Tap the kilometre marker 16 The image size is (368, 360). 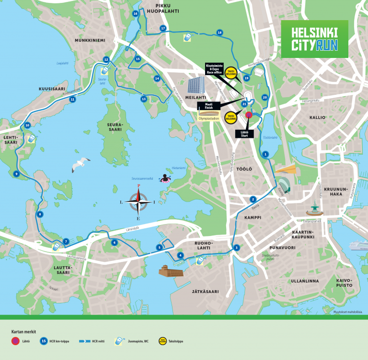(x=136, y=13)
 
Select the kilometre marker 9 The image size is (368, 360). (x=16, y=174)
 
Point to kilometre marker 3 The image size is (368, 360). (x=236, y=247)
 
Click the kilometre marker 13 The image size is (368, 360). (x=143, y=99)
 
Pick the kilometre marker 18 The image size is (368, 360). (x=219, y=33)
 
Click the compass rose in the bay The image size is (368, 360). (x=138, y=202)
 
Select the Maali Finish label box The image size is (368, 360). (x=208, y=107)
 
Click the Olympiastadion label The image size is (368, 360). (x=208, y=118)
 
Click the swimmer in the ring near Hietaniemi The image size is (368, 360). (x=166, y=179)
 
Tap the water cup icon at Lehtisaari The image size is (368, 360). (x=31, y=138)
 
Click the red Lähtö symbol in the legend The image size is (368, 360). (x=16, y=341)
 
